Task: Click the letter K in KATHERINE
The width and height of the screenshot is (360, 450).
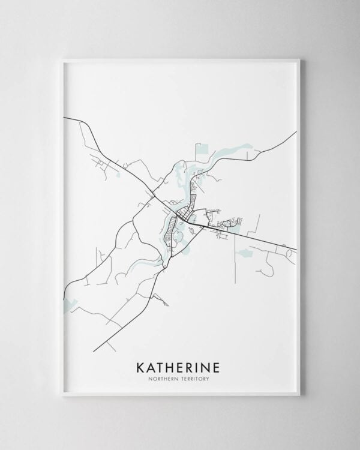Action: coord(141,366)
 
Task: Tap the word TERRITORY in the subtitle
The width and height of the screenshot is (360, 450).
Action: coord(199,378)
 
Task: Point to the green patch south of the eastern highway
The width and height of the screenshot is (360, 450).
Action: coord(244,253)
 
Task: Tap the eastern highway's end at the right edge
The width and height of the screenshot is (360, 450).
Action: coord(296,249)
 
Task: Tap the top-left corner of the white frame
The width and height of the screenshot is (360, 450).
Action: coord(62,59)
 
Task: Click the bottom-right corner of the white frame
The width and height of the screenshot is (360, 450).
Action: coord(299,395)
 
